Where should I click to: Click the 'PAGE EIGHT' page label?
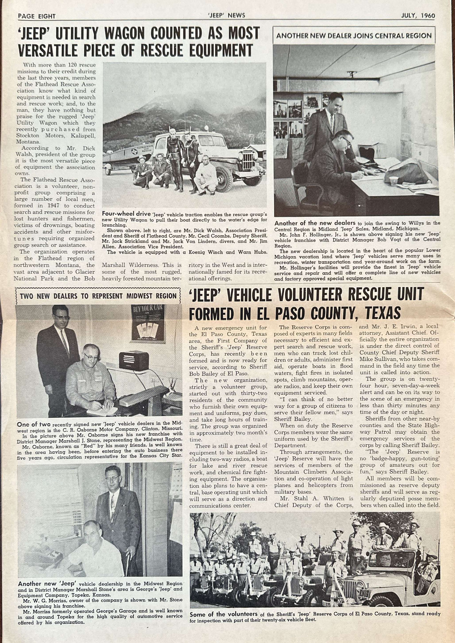pos(37,16)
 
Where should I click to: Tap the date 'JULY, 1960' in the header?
pos(418,16)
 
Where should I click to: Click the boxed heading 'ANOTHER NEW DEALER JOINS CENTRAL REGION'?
pos(354,36)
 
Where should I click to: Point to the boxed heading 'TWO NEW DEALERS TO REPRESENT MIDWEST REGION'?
pos(98,296)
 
